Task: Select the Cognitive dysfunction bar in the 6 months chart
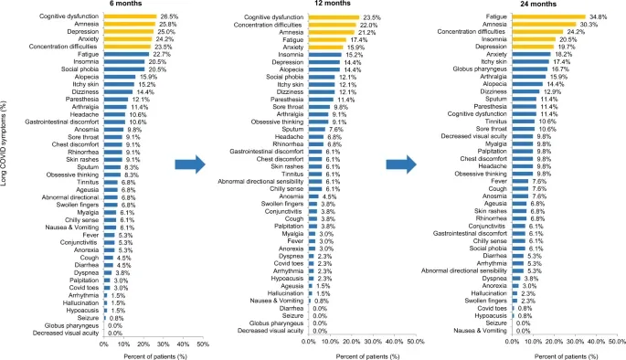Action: [x=133, y=16]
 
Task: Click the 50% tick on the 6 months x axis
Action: [x=203, y=343]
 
